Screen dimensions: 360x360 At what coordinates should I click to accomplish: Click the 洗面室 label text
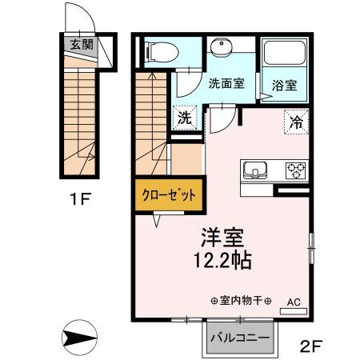tap(226, 82)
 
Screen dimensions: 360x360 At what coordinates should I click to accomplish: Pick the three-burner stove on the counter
tap(295, 170)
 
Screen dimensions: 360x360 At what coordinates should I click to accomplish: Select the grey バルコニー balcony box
tap(240, 338)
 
